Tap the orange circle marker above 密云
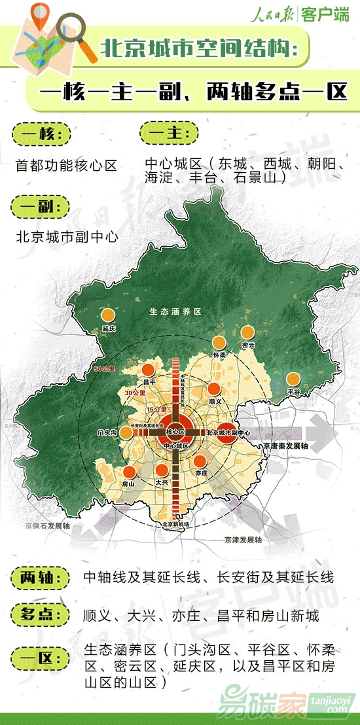pyautogui.click(x=247, y=332)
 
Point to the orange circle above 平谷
pyautogui.click(x=293, y=378)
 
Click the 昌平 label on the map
pyautogui.click(x=148, y=381)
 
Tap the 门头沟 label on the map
pyautogui.click(x=106, y=433)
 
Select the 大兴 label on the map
pyautogui.click(x=162, y=482)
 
